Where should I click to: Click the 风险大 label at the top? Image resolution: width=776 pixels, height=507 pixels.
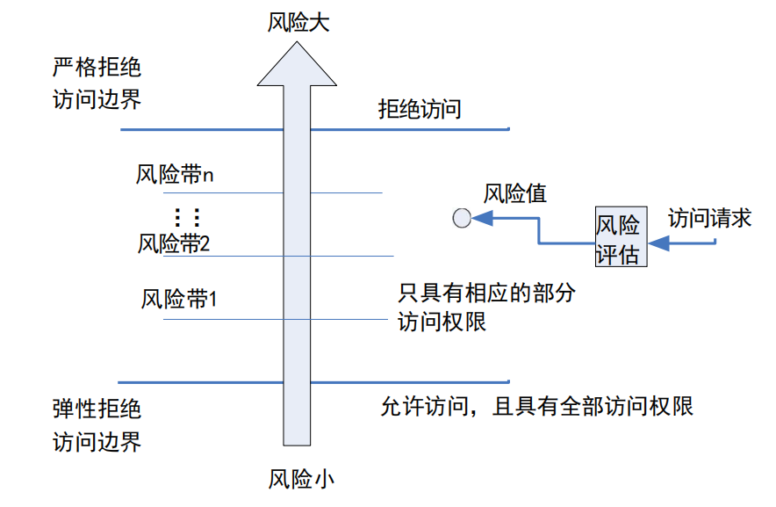point(298,22)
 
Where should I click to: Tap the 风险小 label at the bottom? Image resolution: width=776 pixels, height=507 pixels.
point(301,480)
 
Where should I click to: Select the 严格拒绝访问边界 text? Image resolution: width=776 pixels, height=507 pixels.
point(97,83)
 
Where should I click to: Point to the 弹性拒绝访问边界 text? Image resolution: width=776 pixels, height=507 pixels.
point(97,425)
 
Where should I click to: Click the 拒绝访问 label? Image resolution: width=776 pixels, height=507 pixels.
point(420,110)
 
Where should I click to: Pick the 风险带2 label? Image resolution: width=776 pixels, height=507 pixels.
point(174,243)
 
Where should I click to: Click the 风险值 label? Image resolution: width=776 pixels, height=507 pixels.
point(515,193)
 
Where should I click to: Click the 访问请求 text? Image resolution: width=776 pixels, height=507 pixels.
point(709,218)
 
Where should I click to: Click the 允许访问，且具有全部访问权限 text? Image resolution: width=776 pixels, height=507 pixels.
point(536,407)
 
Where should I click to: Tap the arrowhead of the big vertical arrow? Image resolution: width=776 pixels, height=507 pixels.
point(297,66)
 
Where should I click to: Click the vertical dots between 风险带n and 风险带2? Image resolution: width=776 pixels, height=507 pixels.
point(186,215)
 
